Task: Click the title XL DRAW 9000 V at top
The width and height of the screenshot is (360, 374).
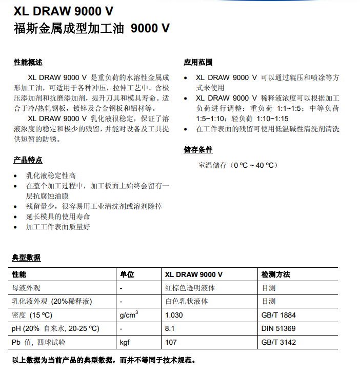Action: pos(64,11)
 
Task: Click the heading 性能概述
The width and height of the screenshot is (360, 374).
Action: pos(28,63)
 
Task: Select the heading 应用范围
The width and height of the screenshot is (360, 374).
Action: pos(198,63)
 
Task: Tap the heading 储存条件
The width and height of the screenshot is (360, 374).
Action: pos(198,150)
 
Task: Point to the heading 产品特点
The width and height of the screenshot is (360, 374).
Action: pos(28,160)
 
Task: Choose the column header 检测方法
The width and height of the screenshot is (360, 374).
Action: pos(276,274)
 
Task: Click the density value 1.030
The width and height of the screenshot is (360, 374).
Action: pos(174,315)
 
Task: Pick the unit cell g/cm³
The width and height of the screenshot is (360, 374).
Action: pos(129,314)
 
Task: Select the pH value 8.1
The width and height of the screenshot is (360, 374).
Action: pos(170,329)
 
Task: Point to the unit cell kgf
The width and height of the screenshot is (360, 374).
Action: pos(125,342)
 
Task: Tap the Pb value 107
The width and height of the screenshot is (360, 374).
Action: pos(171,342)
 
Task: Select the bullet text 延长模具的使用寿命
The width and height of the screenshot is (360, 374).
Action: pos(58,216)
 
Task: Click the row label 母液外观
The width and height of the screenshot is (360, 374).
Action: pos(26,288)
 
